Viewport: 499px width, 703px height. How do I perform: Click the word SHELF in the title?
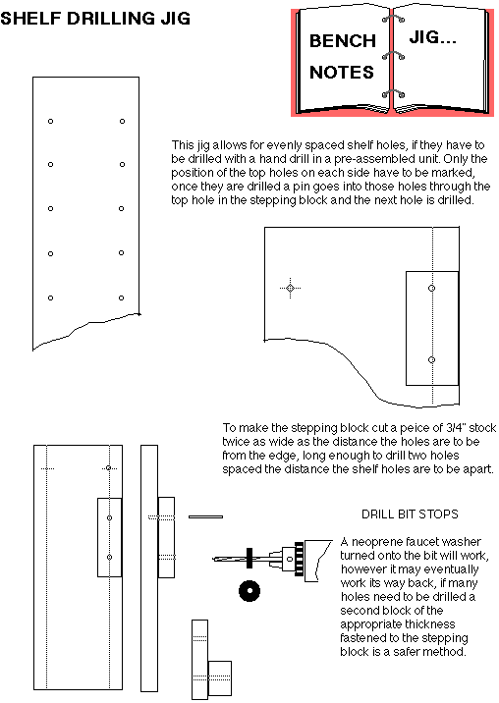[30, 19]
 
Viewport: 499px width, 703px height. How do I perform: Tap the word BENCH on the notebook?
[343, 41]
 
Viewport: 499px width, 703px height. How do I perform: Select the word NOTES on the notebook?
[342, 73]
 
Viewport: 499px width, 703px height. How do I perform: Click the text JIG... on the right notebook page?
[432, 37]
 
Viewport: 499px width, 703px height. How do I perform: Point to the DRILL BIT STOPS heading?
[410, 514]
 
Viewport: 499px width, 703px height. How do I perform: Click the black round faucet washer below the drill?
[249, 591]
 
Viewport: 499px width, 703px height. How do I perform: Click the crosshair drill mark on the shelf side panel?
[291, 288]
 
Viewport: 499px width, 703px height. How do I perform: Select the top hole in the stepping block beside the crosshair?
[431, 288]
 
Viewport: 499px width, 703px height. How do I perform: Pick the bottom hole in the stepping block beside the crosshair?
[431, 359]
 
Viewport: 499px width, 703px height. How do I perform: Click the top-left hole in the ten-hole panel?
[51, 121]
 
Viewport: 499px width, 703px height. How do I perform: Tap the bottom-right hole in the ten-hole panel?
[121, 297]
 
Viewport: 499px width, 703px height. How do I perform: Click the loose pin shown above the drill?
[205, 516]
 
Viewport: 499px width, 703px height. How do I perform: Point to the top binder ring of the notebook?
[393, 19]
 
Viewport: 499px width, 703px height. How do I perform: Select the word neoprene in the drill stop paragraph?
[376, 542]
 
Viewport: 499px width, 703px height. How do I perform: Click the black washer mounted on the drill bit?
[249, 559]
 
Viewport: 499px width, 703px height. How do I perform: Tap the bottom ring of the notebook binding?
[393, 93]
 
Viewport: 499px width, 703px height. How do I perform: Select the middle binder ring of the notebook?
[393, 55]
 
